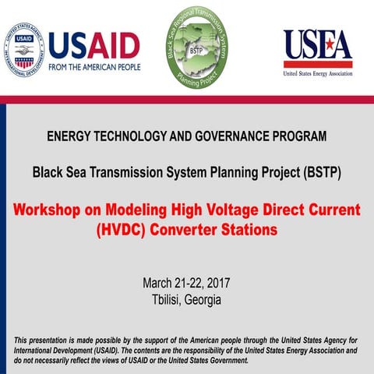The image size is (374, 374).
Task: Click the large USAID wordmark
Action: coord(93,44)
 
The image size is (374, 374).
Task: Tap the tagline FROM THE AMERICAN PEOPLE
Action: coord(93,66)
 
